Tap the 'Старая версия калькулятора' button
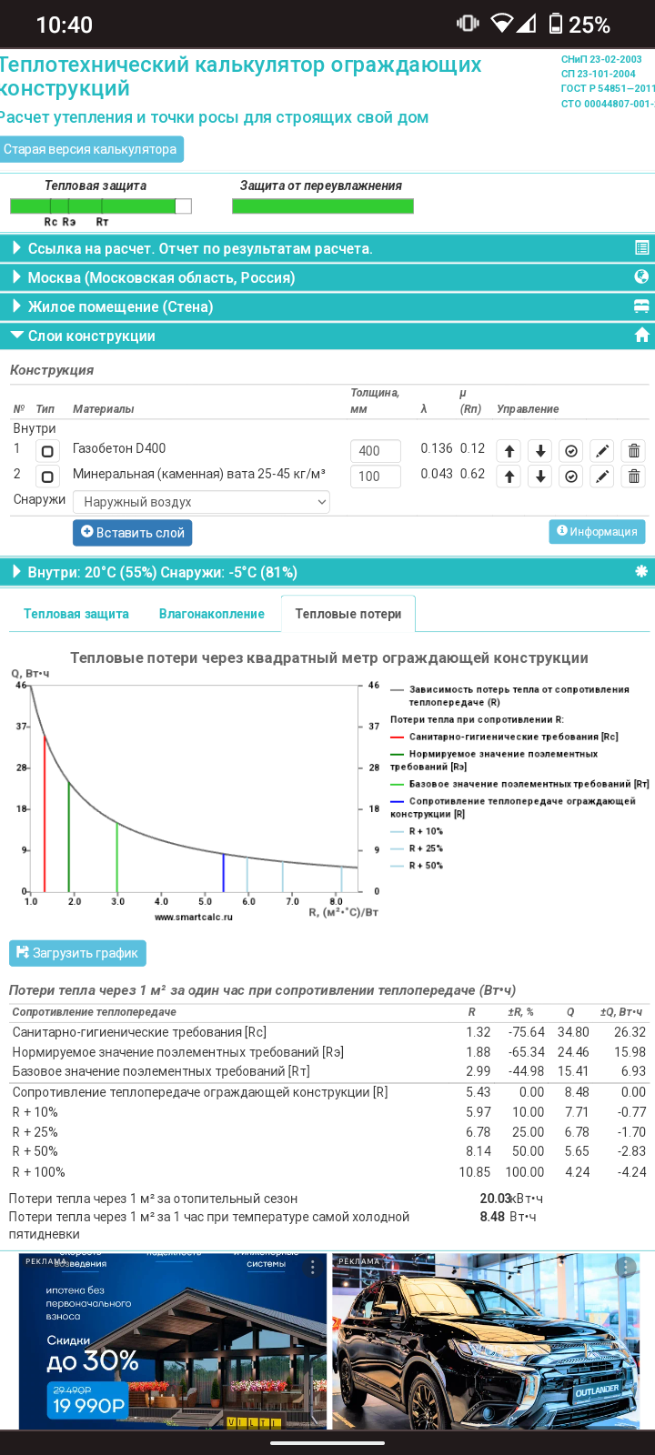click(90, 149)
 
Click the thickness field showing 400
click(375, 451)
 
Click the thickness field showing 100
click(375, 477)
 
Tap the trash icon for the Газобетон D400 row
click(634, 451)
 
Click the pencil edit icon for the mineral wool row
click(601, 477)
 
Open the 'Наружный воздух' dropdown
click(201, 502)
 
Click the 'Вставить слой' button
click(132, 533)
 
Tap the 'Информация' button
click(597, 532)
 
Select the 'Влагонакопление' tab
click(211, 614)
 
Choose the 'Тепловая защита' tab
click(76, 614)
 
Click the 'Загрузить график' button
click(77, 953)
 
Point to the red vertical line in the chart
click(45, 814)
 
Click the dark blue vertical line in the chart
click(224, 872)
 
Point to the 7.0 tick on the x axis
click(292, 901)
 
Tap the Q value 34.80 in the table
click(573, 1032)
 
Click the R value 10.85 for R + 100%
click(475, 1172)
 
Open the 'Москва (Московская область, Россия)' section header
click(161, 277)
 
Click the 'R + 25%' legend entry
click(426, 848)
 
